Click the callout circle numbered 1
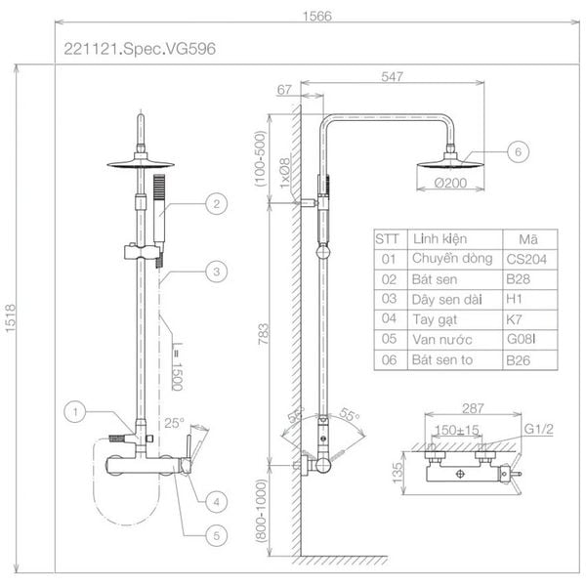(75, 412)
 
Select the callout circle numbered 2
(217, 204)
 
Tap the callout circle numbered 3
(217, 272)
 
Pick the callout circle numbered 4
(217, 502)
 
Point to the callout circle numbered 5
(217, 535)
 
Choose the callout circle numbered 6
(518, 151)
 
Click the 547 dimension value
(392, 76)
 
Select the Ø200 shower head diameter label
(450, 183)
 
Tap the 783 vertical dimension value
(264, 334)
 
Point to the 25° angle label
(174, 423)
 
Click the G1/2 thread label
(538, 429)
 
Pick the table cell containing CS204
(530, 260)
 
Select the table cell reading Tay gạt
(455, 320)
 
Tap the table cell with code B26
(530, 360)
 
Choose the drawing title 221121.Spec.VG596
(140, 49)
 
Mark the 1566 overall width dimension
(316, 16)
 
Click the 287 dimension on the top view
(473, 408)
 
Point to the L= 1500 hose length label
(178, 366)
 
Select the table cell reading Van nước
(455, 340)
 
